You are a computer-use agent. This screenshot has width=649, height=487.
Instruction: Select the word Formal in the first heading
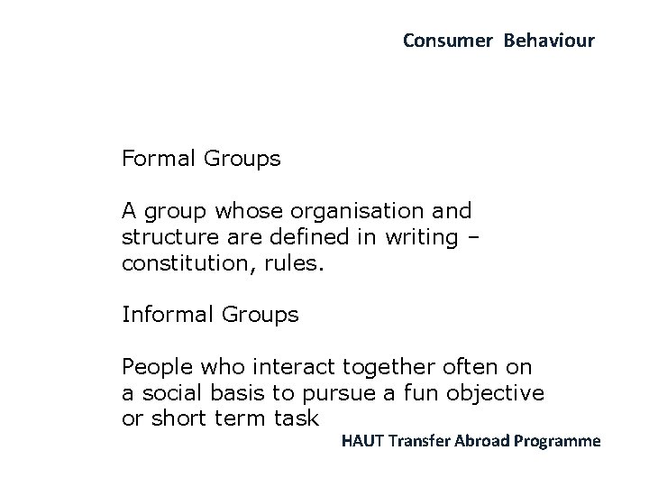click(x=160, y=160)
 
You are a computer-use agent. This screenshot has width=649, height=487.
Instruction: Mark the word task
click(x=294, y=420)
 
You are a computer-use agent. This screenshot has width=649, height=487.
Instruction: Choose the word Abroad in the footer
click(x=487, y=441)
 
